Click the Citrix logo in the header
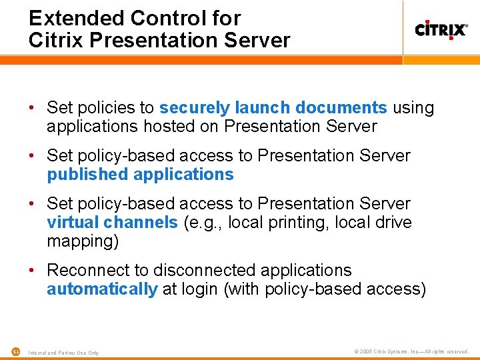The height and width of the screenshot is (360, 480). (441, 30)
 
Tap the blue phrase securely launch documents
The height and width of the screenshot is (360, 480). (273, 107)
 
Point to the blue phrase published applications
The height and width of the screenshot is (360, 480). (140, 175)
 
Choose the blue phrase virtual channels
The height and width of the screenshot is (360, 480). (112, 222)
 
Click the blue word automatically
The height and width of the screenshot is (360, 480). (102, 289)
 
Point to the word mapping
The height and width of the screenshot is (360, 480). (83, 241)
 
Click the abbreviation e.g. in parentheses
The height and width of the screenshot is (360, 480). (204, 222)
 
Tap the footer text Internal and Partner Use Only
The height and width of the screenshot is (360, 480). (63, 352)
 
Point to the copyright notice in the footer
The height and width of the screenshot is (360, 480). (411, 351)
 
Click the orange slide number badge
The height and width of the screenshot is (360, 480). (15, 351)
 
